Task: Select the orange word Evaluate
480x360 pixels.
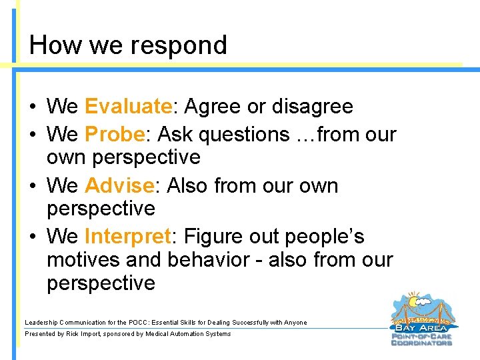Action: [128, 106]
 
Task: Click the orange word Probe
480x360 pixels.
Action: [115, 134]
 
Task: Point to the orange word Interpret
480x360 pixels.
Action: [127, 236]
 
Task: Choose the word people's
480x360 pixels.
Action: [325, 237]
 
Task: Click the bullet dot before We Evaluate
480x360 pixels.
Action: [33, 107]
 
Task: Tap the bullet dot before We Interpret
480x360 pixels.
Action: [33, 237]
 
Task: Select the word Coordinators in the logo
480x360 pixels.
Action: [421, 343]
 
